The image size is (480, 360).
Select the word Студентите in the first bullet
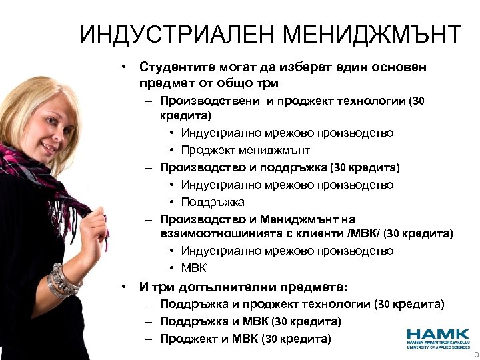click(x=175, y=67)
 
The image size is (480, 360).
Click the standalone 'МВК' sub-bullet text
click(x=193, y=268)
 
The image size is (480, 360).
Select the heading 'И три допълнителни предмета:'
click(x=243, y=288)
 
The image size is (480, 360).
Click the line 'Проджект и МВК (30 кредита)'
click(x=245, y=339)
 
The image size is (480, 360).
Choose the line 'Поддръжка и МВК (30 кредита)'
click(x=251, y=321)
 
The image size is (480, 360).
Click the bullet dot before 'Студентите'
click(x=124, y=67)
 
